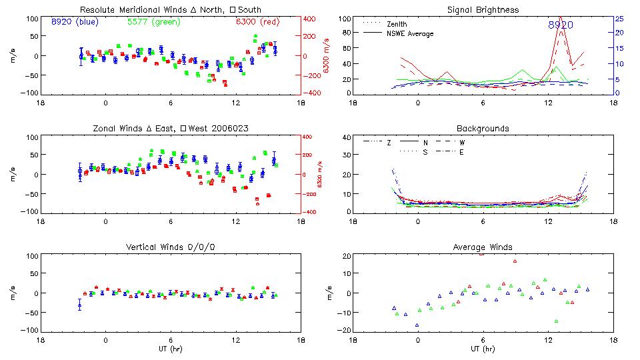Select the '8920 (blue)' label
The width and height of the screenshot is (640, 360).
click(x=75, y=21)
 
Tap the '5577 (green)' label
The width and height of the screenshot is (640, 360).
click(x=153, y=21)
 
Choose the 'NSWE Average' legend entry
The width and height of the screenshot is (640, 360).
click(x=410, y=33)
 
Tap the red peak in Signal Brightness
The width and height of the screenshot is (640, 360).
click(x=560, y=17)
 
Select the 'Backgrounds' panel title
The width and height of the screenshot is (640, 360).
click(x=483, y=128)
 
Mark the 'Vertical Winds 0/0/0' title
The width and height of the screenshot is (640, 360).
click(x=170, y=247)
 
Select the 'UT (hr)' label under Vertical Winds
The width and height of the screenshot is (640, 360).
click(x=170, y=349)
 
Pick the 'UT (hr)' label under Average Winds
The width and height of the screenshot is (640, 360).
click(x=483, y=349)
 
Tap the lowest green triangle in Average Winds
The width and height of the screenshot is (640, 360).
click(x=556, y=321)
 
